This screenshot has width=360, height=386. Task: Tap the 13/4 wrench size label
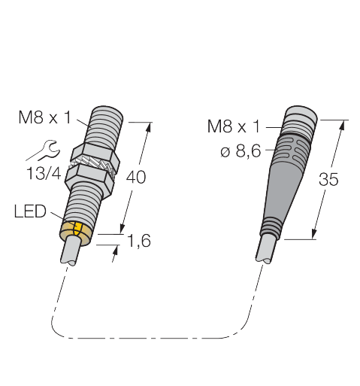click(x=44, y=173)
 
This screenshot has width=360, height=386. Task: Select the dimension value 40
click(x=135, y=177)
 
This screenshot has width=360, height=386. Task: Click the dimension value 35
click(x=328, y=179)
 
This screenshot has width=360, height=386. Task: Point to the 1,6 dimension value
click(x=139, y=241)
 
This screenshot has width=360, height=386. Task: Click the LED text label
click(x=30, y=211)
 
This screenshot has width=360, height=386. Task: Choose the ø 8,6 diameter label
click(x=241, y=151)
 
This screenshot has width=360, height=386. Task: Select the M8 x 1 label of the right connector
click(x=234, y=126)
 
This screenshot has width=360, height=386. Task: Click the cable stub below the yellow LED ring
click(x=71, y=251)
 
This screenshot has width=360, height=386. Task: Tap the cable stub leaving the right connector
click(x=266, y=249)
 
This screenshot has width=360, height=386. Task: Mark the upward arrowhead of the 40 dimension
click(x=149, y=127)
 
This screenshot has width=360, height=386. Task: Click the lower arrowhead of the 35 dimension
click(x=314, y=234)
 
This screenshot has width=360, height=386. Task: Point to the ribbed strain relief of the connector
click(x=270, y=228)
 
